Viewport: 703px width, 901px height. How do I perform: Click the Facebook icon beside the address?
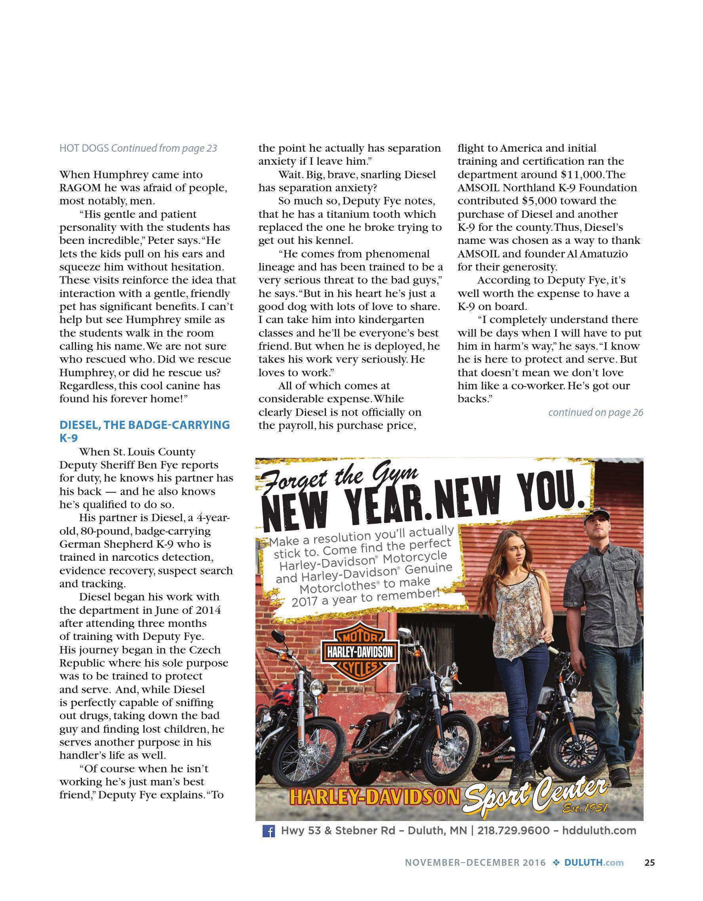click(x=269, y=831)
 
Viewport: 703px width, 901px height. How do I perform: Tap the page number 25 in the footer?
click(x=650, y=863)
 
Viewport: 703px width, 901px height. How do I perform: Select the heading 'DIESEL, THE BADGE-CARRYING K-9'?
click(x=145, y=431)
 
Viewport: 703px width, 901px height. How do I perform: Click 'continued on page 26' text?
click(x=595, y=412)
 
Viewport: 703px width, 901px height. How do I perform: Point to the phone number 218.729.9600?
click(x=513, y=831)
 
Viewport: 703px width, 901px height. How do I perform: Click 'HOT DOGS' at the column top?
click(x=84, y=148)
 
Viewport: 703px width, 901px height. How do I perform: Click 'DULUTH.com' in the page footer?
click(x=594, y=863)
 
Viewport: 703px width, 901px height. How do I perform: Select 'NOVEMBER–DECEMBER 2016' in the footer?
click(x=475, y=863)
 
